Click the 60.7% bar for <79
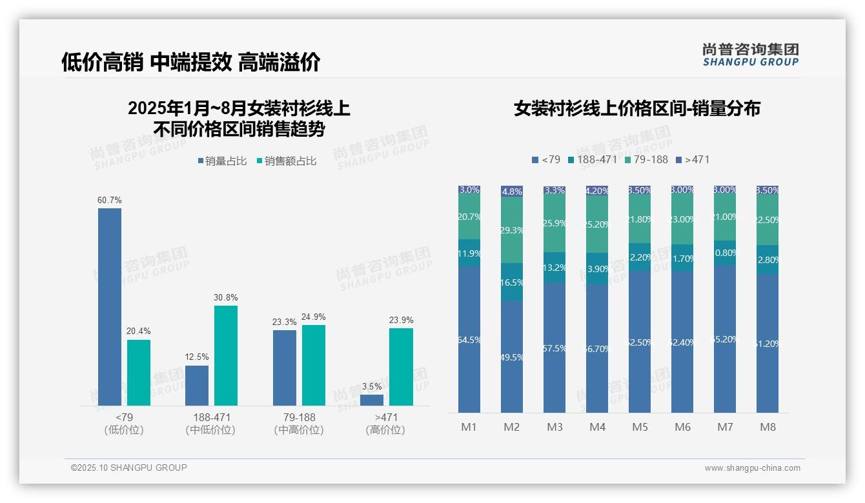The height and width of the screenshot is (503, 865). click(110, 306)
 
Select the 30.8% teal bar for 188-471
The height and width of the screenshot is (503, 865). click(226, 355)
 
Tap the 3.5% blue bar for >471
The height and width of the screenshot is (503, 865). click(372, 400)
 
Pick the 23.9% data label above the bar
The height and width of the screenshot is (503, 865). click(401, 321)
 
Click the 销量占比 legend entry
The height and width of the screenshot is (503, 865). click(221, 161)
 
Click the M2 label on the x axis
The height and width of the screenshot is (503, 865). click(512, 427)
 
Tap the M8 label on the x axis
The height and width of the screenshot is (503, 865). click(768, 427)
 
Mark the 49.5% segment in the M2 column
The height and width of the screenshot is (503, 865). click(512, 357)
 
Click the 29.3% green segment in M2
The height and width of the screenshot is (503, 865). click(512, 230)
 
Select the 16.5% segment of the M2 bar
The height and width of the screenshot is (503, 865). click(512, 282)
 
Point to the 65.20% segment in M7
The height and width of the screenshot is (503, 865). click(725, 339)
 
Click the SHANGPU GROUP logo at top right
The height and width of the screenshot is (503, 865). click(750, 54)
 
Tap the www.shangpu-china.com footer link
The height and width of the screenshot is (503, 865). click(752, 468)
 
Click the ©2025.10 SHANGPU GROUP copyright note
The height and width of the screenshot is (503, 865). click(129, 468)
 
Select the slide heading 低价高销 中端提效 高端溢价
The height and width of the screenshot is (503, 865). click(190, 63)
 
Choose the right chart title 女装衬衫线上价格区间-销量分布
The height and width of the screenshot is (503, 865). click(637, 108)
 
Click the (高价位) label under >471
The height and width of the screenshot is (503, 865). click(385, 430)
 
